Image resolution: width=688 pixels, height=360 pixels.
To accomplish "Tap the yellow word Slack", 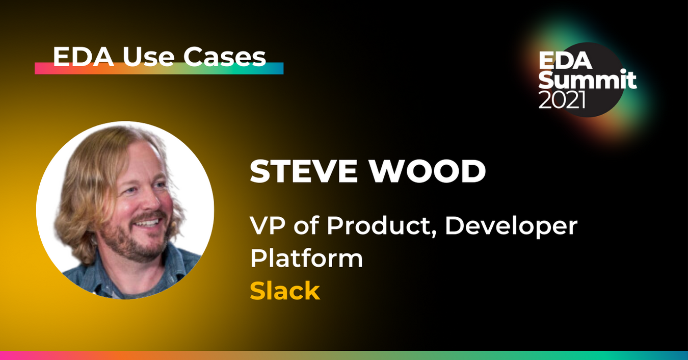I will click(x=285, y=291).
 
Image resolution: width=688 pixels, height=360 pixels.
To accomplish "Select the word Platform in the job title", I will click(x=306, y=259).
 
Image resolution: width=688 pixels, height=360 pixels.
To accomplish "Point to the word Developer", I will click(x=511, y=226).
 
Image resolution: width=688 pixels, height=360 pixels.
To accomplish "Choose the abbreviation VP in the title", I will click(x=267, y=226).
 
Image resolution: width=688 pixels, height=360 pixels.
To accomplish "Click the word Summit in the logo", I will click(x=588, y=80).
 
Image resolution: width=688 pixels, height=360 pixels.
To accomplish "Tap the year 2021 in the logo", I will click(x=562, y=100).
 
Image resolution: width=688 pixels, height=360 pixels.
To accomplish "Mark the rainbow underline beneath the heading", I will click(x=158, y=68).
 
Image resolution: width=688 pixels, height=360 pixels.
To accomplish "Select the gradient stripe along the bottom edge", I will click(x=344, y=355).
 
